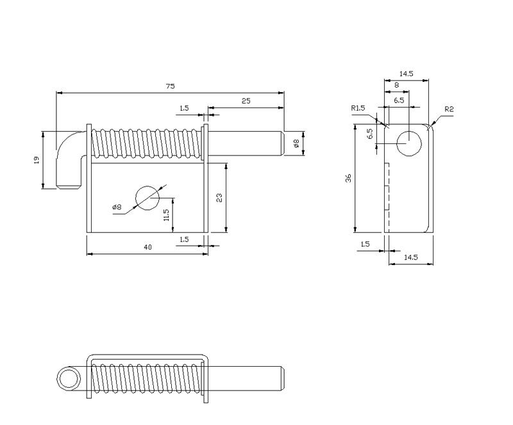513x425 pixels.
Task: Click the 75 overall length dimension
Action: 170,86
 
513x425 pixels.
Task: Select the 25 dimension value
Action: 246,101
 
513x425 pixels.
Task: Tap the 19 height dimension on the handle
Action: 37,160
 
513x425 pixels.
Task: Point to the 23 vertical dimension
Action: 219,198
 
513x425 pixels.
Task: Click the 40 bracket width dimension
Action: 148,247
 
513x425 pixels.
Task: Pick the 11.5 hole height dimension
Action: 166,215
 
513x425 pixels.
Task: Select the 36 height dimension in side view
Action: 348,178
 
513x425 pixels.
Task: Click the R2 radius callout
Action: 450,109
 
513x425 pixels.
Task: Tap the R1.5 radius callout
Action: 358,108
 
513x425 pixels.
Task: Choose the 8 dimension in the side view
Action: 396,85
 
